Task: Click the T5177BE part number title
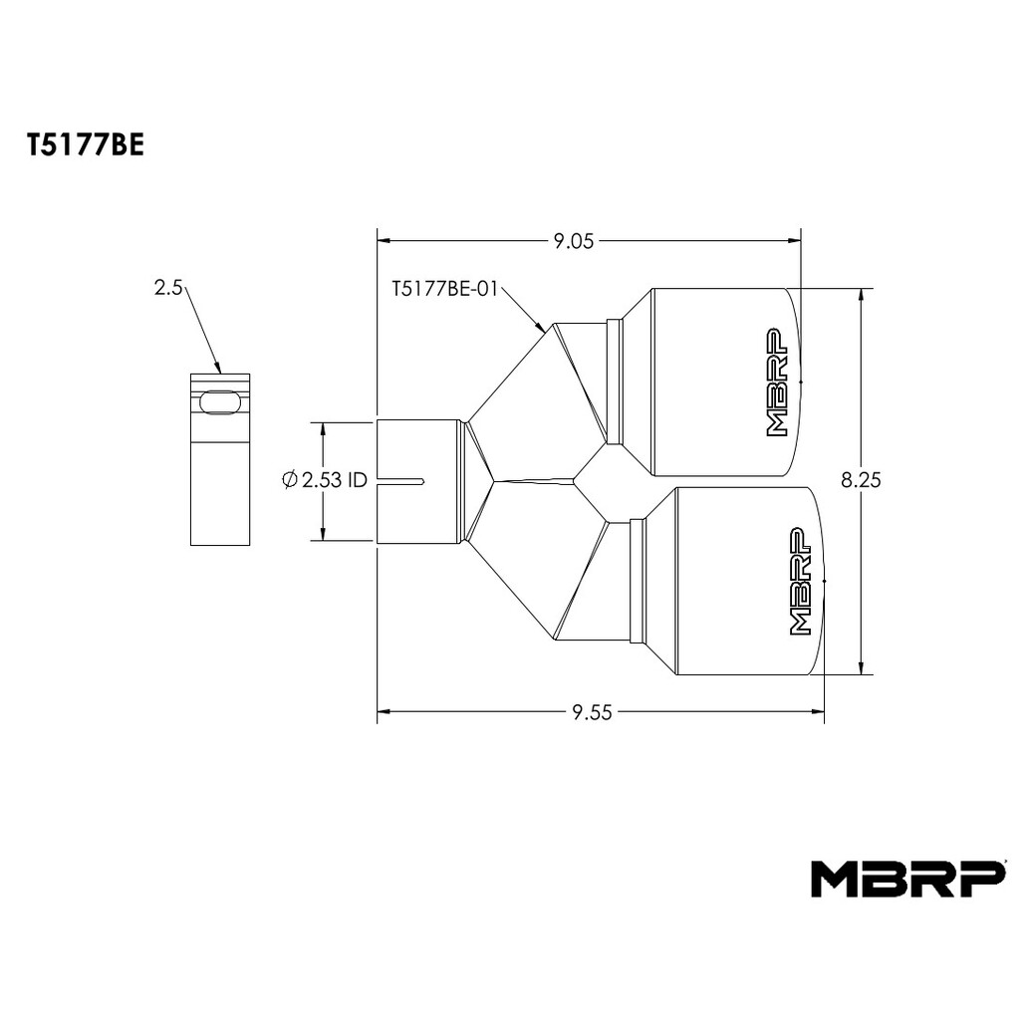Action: point(85,146)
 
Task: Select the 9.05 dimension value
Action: point(573,242)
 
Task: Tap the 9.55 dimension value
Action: point(592,712)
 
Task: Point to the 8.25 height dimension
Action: point(860,480)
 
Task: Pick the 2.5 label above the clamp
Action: point(167,287)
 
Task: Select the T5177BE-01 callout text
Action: point(445,289)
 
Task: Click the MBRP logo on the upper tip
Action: point(777,383)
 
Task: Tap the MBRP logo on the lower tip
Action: point(800,582)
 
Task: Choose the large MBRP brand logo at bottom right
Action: point(907,880)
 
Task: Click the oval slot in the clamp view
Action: point(221,403)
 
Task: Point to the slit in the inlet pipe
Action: point(400,482)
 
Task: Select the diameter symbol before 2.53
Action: point(289,480)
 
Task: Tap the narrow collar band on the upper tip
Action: point(615,382)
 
